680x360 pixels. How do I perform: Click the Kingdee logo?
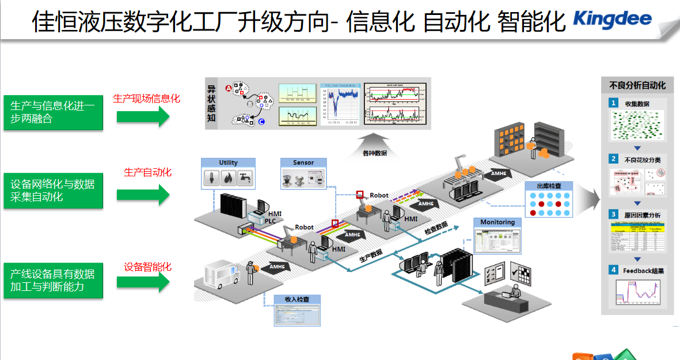612,19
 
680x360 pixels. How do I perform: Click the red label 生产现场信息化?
147,98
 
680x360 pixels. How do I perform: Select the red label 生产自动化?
147,172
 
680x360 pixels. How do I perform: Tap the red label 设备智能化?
147,267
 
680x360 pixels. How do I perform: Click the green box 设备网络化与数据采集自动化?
53,191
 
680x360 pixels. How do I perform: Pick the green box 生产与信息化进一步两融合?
53,112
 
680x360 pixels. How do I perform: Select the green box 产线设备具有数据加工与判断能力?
53,281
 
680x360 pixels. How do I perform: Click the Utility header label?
228,162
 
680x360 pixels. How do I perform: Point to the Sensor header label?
303,162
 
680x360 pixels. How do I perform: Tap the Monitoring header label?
497,222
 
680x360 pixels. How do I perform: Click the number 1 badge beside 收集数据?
614,103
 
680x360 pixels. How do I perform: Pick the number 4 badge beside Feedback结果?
614,270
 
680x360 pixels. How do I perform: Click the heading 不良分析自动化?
637,85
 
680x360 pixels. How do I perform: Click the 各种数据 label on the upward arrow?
374,153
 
